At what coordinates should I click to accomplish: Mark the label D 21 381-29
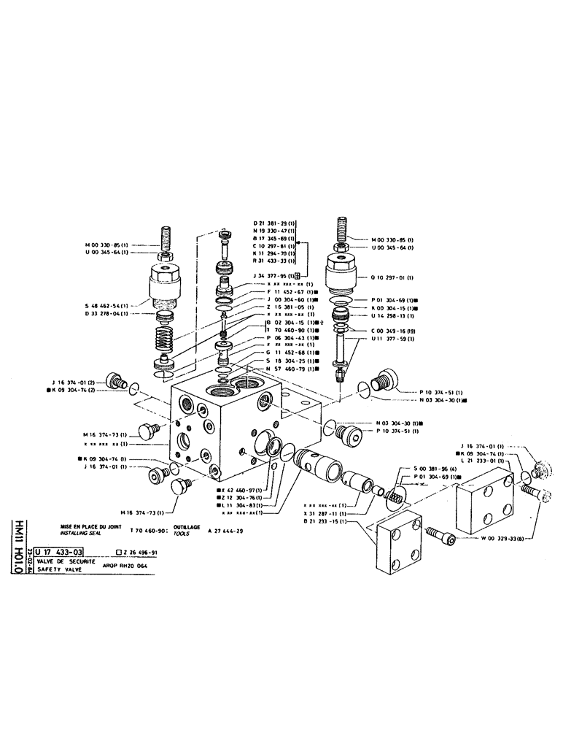point(273,222)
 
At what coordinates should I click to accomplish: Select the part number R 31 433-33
point(273,260)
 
